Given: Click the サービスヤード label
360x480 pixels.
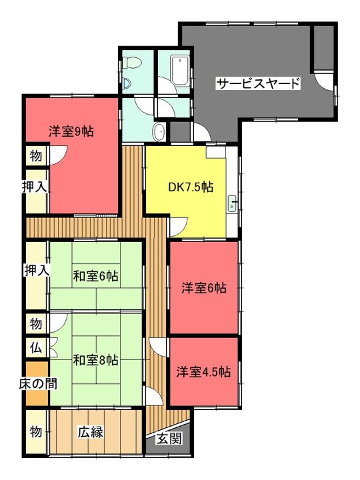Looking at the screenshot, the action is [x=258, y=83].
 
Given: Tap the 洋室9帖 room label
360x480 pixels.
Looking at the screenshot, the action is [x=71, y=131].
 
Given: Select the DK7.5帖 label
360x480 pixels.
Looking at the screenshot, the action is [x=191, y=187].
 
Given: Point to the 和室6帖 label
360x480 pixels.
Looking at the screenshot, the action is [x=95, y=276].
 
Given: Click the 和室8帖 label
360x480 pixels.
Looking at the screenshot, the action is [x=95, y=360].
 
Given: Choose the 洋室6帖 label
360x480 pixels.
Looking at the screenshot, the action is [x=204, y=288].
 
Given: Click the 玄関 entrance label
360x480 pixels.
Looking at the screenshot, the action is [x=169, y=439].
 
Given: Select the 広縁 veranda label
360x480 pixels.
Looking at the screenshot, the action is [x=90, y=432].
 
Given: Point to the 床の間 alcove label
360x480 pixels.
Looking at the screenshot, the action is [x=38, y=383].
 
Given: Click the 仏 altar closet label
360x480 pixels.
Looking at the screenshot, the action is [x=36, y=347].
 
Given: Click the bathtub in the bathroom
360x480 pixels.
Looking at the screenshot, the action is [x=180, y=71].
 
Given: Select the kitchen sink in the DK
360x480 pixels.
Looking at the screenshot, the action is [x=232, y=203].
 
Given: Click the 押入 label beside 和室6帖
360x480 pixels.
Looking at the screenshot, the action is [x=37, y=270].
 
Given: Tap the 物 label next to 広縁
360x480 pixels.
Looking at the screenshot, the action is [x=36, y=431].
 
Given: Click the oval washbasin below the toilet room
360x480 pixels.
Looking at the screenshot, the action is [x=159, y=133].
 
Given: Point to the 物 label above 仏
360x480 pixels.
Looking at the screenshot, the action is [x=36, y=323].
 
